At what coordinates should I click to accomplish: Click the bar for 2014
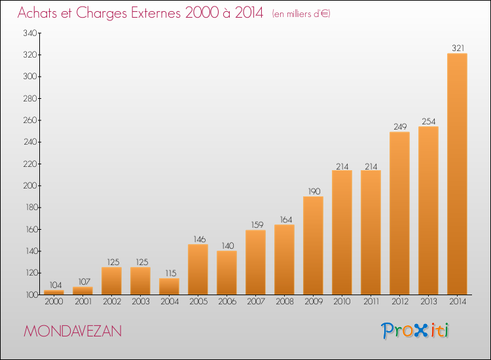pyautogui.click(x=457, y=173)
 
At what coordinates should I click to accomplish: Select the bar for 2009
pyautogui.click(x=313, y=245)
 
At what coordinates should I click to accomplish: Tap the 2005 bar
pyautogui.click(x=198, y=269)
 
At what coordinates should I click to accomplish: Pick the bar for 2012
pyautogui.click(x=399, y=213)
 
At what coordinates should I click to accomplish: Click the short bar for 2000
pyautogui.click(x=54, y=293)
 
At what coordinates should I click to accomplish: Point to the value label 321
pyautogui.click(x=458, y=48)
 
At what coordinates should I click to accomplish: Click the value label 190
pyautogui.click(x=314, y=191)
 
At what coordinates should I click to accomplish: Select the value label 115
pyautogui.click(x=171, y=273)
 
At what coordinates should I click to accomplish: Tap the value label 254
pyautogui.click(x=429, y=121)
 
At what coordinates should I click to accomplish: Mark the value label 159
pyautogui.click(x=257, y=225)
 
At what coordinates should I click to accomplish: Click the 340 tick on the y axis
pyautogui.click(x=30, y=33)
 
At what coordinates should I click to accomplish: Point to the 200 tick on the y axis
pyautogui.click(x=30, y=186)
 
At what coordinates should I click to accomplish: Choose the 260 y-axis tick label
pyautogui.click(x=30, y=120)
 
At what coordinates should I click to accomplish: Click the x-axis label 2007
pyautogui.click(x=256, y=302)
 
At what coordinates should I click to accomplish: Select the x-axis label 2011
pyautogui.click(x=371, y=302)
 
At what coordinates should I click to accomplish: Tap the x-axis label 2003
pyautogui.click(x=141, y=302)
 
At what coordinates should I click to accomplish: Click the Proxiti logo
pyautogui.click(x=415, y=331)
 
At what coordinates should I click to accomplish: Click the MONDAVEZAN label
pyautogui.click(x=73, y=331)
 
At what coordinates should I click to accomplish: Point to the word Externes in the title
pyautogui.click(x=156, y=12)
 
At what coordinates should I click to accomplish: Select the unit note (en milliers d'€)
pyautogui.click(x=301, y=14)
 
